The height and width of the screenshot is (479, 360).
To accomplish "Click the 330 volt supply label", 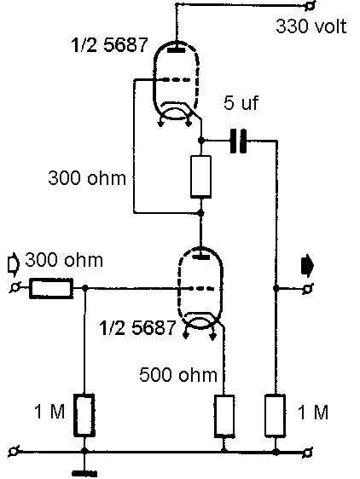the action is pos(311,26).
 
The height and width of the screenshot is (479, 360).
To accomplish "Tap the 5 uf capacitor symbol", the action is pos(238,141).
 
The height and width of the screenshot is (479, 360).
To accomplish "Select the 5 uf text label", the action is pos(241,102).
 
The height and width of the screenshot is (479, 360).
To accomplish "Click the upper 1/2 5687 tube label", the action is pos(109,45).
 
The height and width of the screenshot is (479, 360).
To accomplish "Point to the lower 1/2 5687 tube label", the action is pos(137,328).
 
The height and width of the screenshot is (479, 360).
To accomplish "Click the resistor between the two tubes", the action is pos(200,177).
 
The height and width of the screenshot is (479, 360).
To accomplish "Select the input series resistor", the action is pos(51,288).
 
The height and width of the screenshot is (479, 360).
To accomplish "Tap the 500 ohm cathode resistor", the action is pos(224,416).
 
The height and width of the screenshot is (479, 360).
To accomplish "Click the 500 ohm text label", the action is pos(178,374).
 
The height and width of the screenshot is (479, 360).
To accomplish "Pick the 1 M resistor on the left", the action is pos(84,414).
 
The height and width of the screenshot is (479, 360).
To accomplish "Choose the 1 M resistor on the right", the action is pos(276,415).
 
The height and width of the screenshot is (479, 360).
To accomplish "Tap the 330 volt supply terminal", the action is pos(311,5).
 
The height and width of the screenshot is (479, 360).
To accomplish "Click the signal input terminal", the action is pos(15,288).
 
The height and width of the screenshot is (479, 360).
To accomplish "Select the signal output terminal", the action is pos(307,288).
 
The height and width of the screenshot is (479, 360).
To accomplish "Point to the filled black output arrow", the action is pos(307,267).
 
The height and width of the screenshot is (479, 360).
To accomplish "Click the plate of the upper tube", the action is pos(177,49).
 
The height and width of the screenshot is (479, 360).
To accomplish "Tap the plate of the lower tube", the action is pos(200,257).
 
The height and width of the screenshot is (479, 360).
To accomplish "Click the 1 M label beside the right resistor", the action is pos(313,413).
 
